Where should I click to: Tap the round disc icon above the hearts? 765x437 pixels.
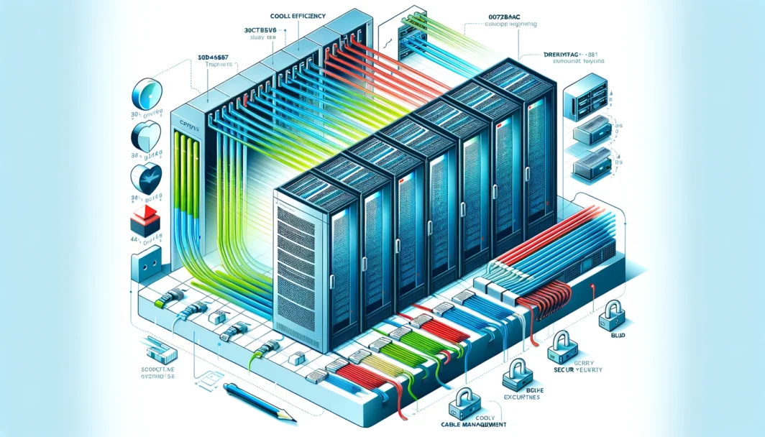[x=144, y=96]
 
